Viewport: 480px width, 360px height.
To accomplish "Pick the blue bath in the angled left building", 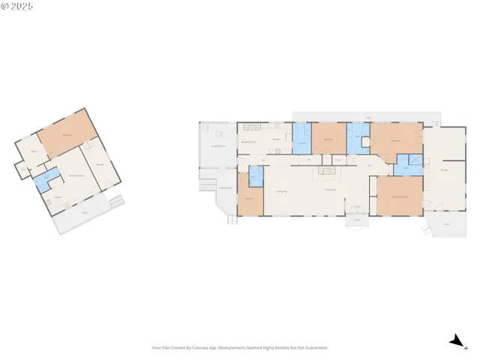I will tap(46, 178).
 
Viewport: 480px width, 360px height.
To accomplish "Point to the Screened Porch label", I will tap(218, 145).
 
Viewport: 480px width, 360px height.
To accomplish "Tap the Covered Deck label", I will tap(225, 187).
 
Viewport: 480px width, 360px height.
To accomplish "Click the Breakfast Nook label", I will tap(249, 141).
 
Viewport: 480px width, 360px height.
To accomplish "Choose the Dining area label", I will tap(283, 193).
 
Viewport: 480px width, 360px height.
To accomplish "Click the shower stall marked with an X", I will tap(413, 160).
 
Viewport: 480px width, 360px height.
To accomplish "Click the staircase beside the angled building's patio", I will tap(115, 201).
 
